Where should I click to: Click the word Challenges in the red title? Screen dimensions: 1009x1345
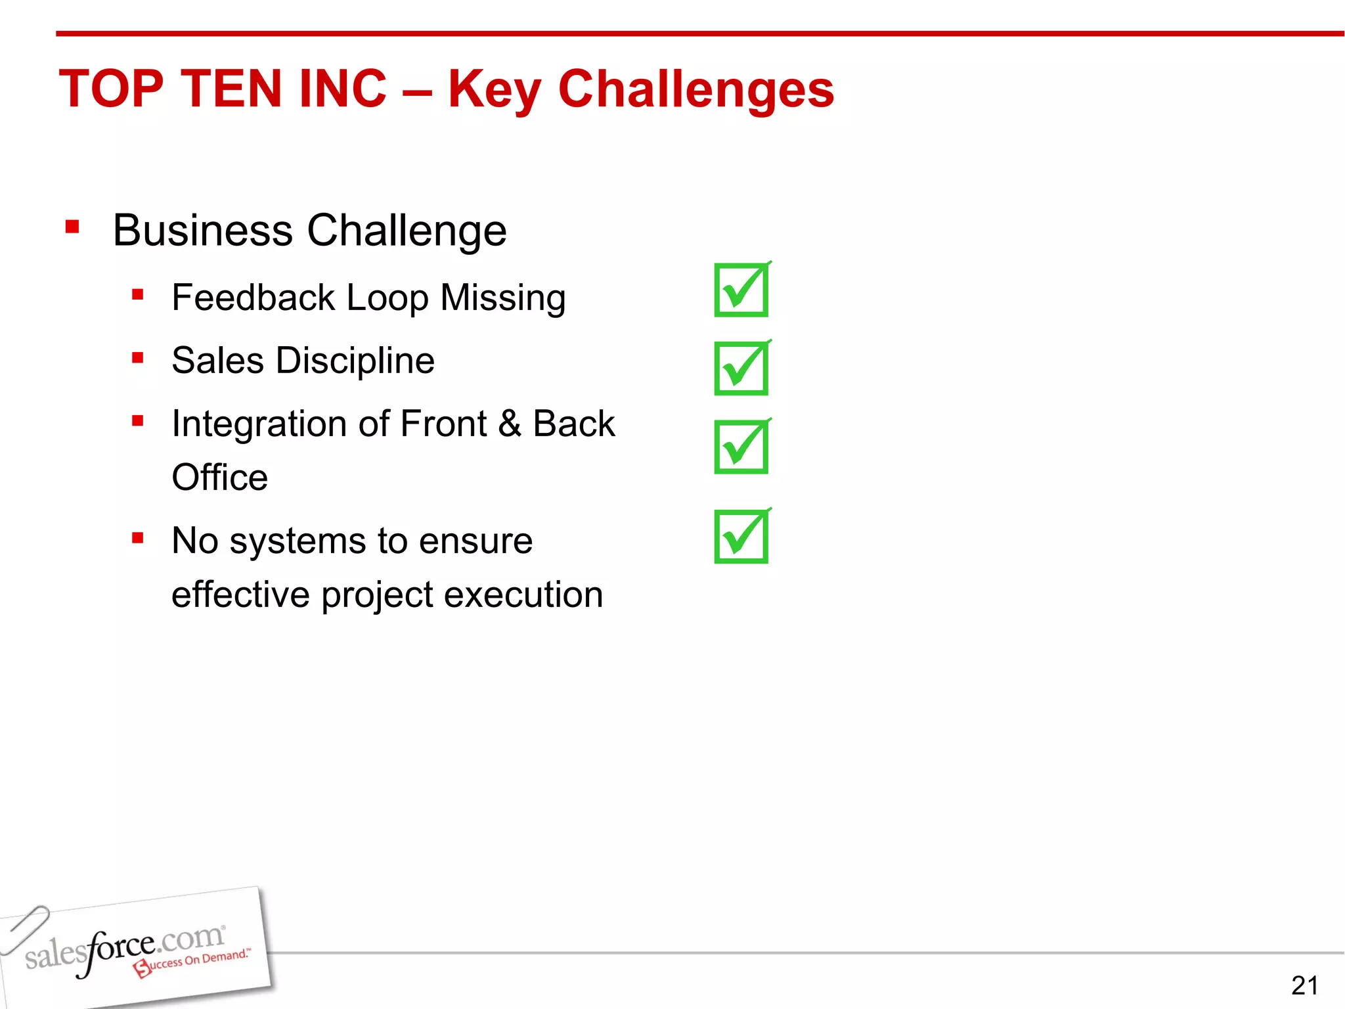coord(695,90)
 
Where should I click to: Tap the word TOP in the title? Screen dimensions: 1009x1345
coord(111,90)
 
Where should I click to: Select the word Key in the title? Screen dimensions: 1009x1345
coord(494,90)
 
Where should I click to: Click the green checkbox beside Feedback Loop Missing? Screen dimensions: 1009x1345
coord(741,290)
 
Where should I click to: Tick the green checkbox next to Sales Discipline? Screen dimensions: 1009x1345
coord(741,369)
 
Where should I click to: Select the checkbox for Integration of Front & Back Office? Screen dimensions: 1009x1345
coord(741,447)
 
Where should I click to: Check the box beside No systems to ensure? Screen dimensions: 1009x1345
coord(741,537)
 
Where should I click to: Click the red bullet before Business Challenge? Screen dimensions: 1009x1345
coord(72,228)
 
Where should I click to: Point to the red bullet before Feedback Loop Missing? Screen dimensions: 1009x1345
coord(137,295)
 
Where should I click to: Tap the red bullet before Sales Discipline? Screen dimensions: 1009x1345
coord(137,358)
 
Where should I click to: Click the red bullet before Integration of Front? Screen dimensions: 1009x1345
coord(137,421)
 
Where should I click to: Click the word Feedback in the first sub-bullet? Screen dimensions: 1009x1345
coord(254,298)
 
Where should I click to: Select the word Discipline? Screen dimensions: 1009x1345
coord(355,361)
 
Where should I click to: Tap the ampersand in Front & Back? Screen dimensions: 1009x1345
coord(509,424)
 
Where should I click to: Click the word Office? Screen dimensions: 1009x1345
coord(219,478)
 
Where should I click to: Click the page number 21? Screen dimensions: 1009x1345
coord(1304,985)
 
